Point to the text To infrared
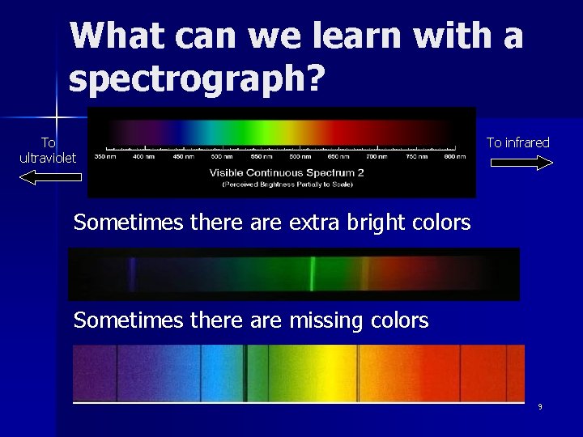(517, 142)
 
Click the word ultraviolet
(48, 157)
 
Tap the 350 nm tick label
(106, 156)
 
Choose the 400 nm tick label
(144, 156)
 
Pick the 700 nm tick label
(376, 156)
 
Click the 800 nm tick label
(454, 156)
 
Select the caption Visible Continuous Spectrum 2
(287, 172)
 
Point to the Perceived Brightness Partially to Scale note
(287, 184)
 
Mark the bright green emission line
(313, 274)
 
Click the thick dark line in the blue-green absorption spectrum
(246, 372)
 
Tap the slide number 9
(540, 407)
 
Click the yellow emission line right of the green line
(364, 274)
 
